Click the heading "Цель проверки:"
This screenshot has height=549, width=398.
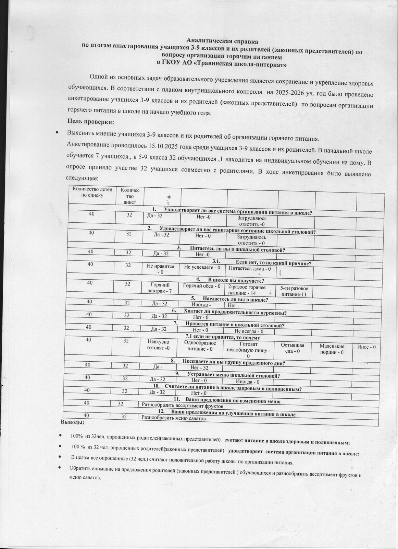pos(90,122)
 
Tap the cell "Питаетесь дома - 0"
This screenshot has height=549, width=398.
pos(250,268)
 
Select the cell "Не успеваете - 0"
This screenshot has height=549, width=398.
pos(202,267)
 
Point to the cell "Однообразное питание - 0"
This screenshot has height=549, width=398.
pos(200,346)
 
